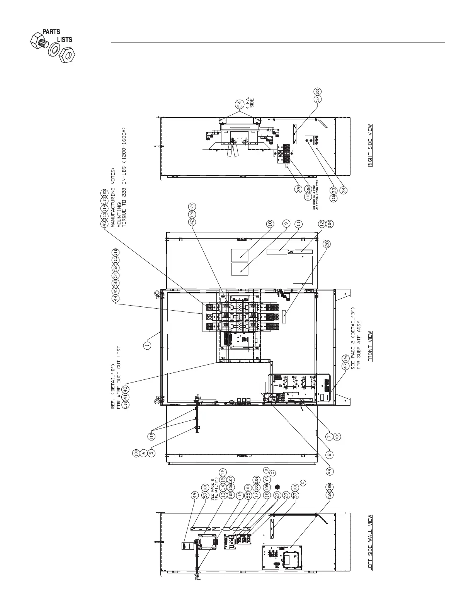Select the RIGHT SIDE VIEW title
pos(370,145)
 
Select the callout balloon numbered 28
pos(327,244)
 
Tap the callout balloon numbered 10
pos(270,223)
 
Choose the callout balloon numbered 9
pos(286,223)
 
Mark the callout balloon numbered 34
pos(344,190)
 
